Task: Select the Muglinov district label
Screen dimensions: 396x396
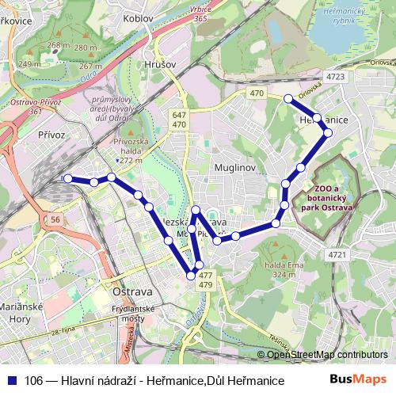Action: point(233,169)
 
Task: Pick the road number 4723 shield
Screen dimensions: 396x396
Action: point(335,77)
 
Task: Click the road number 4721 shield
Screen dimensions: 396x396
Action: point(338,254)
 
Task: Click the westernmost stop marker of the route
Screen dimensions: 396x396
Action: point(67,179)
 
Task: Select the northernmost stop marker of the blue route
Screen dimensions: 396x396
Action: point(288,99)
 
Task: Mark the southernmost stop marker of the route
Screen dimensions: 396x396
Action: point(191,275)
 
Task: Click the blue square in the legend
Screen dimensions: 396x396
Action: point(11,380)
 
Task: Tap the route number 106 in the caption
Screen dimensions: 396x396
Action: point(34,380)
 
